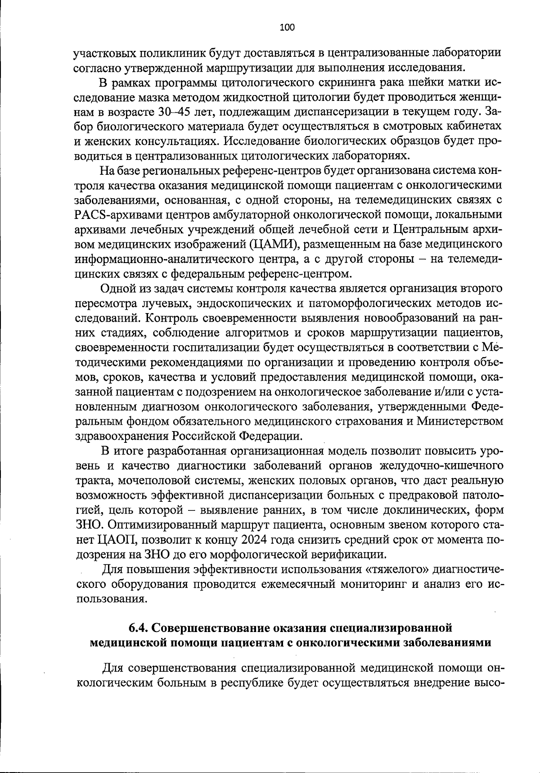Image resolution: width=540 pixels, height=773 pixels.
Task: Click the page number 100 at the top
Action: pos(287,27)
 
